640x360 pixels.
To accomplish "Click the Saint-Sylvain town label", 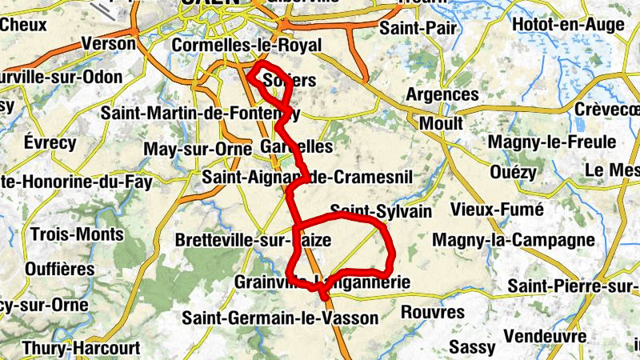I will point(381,211).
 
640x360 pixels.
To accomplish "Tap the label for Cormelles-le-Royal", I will point(246,46).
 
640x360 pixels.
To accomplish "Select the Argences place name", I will point(442,94).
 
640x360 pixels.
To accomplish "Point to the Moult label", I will point(441,123).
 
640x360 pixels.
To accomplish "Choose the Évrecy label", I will point(50,143).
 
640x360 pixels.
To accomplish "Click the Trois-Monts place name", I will point(77,234).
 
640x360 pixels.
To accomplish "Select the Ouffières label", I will point(59,269).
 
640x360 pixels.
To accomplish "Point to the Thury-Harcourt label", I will point(81,348).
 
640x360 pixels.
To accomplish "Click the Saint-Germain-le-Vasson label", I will point(279,318).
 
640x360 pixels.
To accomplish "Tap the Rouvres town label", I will point(432,311).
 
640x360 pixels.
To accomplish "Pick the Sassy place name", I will point(473,346).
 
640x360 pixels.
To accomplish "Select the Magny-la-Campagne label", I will point(514,240).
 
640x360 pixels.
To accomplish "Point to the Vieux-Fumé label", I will point(497,210).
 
